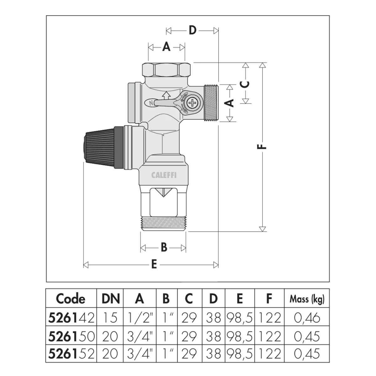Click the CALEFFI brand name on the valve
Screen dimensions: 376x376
click(164, 175)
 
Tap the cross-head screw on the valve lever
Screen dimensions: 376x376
click(192, 102)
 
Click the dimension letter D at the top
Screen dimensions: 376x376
click(192, 30)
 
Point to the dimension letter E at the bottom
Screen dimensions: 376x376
click(154, 265)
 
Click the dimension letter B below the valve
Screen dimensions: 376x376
click(164, 248)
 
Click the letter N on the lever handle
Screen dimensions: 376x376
click(151, 103)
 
